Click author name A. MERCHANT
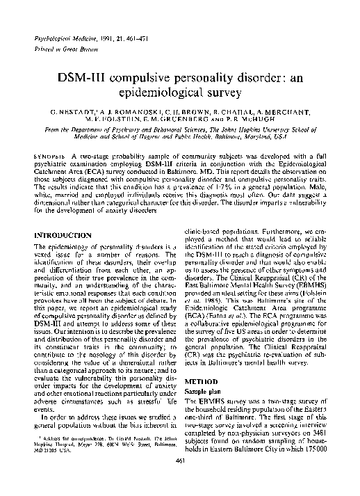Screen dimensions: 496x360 click(x=278, y=112)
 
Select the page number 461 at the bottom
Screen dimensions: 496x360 click(x=180, y=480)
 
